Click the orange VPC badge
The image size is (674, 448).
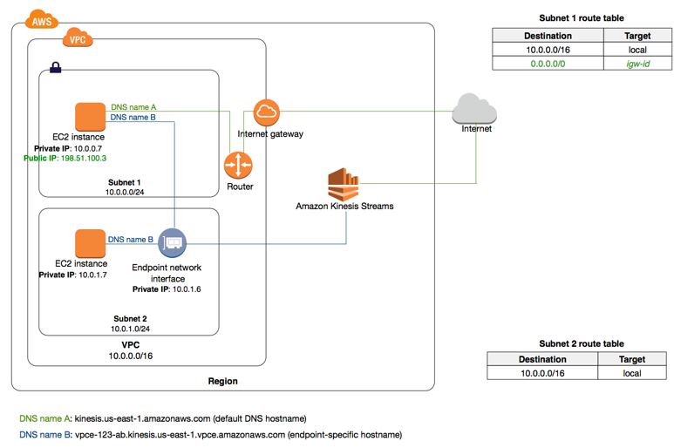point(78,39)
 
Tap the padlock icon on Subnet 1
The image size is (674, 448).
point(55,66)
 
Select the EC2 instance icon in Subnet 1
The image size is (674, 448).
point(89,117)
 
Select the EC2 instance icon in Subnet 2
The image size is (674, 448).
point(89,243)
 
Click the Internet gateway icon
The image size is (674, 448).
point(267,112)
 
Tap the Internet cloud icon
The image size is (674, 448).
point(474,111)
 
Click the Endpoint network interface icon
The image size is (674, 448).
point(173,242)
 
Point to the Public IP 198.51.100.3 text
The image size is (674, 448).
point(65,159)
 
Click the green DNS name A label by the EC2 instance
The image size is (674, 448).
point(133,106)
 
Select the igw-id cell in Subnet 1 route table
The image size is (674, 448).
point(637,64)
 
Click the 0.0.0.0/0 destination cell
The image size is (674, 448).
point(548,64)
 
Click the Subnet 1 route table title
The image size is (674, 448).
point(582,17)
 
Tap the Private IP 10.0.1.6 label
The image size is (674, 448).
point(167,289)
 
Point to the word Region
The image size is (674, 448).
point(222,381)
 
